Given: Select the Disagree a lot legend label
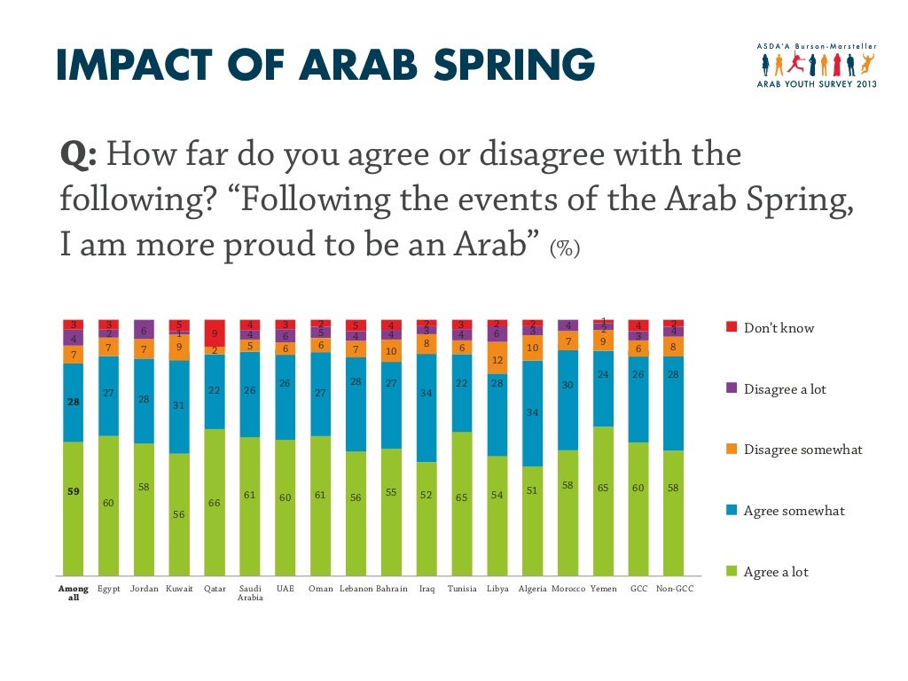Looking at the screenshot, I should click(x=785, y=389).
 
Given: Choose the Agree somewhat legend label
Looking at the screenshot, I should click(x=794, y=511).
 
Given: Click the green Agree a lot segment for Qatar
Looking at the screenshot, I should click(x=215, y=502).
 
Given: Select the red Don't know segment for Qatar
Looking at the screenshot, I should click(x=215, y=333).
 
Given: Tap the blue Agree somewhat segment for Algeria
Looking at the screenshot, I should click(x=533, y=413).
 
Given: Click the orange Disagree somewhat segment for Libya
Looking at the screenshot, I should click(x=497, y=360).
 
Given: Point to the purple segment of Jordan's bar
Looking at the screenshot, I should click(x=144, y=329).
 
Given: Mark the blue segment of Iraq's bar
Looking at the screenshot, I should click(x=427, y=408).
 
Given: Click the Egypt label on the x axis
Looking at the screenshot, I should click(x=108, y=589).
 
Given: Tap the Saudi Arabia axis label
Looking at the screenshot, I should click(x=249, y=593).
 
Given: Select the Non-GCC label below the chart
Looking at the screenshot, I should click(x=674, y=589).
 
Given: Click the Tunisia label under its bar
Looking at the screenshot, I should click(x=462, y=589).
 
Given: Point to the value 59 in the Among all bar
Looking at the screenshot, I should click(x=74, y=492).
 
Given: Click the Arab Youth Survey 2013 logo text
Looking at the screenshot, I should click(x=817, y=83).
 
